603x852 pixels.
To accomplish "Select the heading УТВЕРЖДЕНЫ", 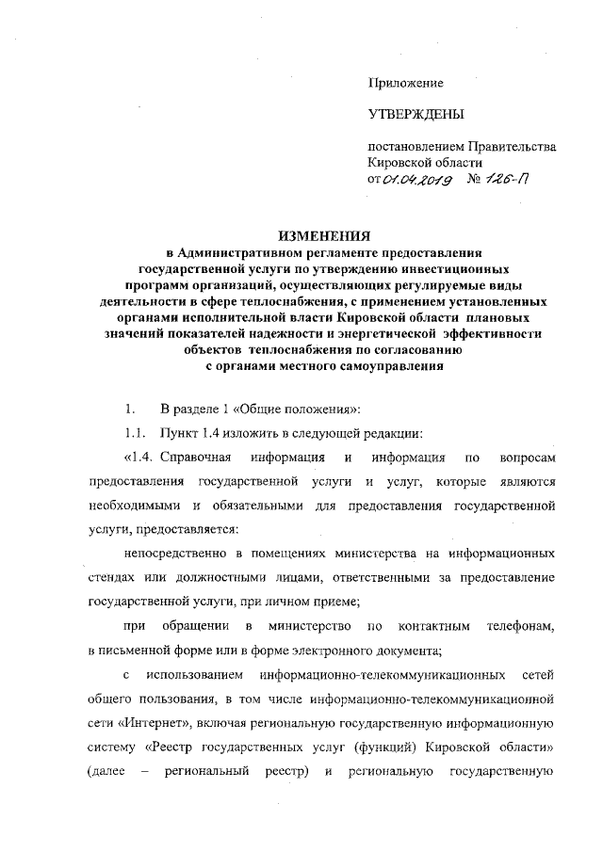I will coord(416,116).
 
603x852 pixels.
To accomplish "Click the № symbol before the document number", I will coord(475,179).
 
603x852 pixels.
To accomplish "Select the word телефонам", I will coord(516,626).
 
